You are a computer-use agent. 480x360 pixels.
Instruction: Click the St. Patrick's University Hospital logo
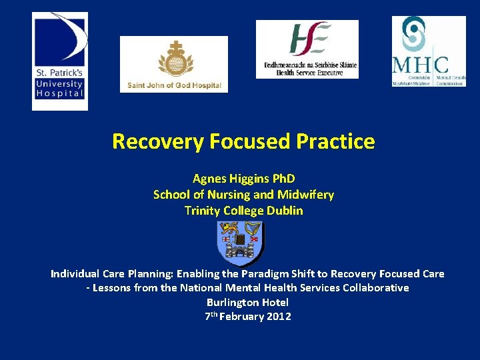point(59,61)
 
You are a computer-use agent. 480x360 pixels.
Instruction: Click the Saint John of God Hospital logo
point(173,64)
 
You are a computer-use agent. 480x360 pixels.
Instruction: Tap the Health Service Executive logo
point(307,49)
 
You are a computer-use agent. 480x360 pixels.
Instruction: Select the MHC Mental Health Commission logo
point(428,51)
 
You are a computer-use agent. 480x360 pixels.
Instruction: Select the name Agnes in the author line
point(208,179)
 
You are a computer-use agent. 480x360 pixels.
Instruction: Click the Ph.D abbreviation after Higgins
point(281,179)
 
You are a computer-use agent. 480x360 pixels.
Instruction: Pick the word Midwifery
point(307,195)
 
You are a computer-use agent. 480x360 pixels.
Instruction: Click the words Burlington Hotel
point(247,302)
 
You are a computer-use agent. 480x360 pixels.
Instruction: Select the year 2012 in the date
point(279,317)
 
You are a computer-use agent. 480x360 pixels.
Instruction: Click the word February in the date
point(241,317)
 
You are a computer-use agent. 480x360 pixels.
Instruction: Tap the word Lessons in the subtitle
point(111,288)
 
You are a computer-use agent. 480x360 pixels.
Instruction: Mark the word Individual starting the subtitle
point(76,274)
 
